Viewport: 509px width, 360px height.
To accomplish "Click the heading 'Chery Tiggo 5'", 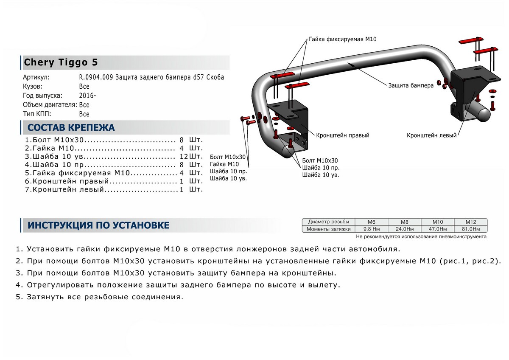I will (x=61, y=62).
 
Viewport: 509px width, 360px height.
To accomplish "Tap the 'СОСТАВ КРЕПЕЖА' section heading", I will (x=71, y=127).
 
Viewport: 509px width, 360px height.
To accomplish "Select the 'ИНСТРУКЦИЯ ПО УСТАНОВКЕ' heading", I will (x=98, y=225).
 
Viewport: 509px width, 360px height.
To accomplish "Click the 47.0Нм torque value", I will (x=437, y=229).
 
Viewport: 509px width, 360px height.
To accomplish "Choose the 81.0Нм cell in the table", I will (x=470, y=229).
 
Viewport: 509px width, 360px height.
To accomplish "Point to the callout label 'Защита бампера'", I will (x=410, y=85).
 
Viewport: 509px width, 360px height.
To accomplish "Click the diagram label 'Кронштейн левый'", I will (x=431, y=135).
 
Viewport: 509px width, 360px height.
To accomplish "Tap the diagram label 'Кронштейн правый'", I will (x=342, y=135).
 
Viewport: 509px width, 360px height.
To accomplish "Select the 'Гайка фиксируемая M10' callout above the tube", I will (x=342, y=39).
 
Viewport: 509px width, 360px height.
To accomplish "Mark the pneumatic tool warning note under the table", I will (x=421, y=236).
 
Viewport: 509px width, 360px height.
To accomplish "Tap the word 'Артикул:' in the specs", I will (x=37, y=77).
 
